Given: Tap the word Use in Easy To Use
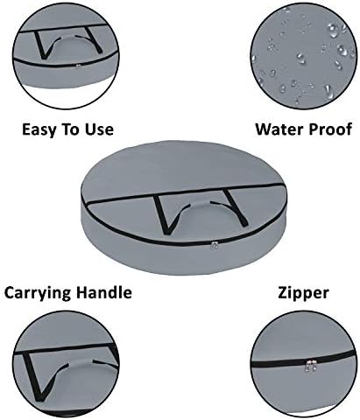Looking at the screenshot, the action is coord(99,129).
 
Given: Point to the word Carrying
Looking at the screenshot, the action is coord(38,292).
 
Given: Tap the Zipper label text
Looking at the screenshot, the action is coord(303,292).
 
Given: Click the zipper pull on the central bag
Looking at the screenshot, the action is coord(215,246).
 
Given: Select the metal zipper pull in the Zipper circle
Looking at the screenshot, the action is coord(311,365).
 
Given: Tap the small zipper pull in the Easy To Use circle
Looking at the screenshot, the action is coord(78,66).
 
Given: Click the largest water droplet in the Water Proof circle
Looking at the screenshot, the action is coord(333,31).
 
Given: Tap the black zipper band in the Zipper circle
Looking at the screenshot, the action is coord(304,361).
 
